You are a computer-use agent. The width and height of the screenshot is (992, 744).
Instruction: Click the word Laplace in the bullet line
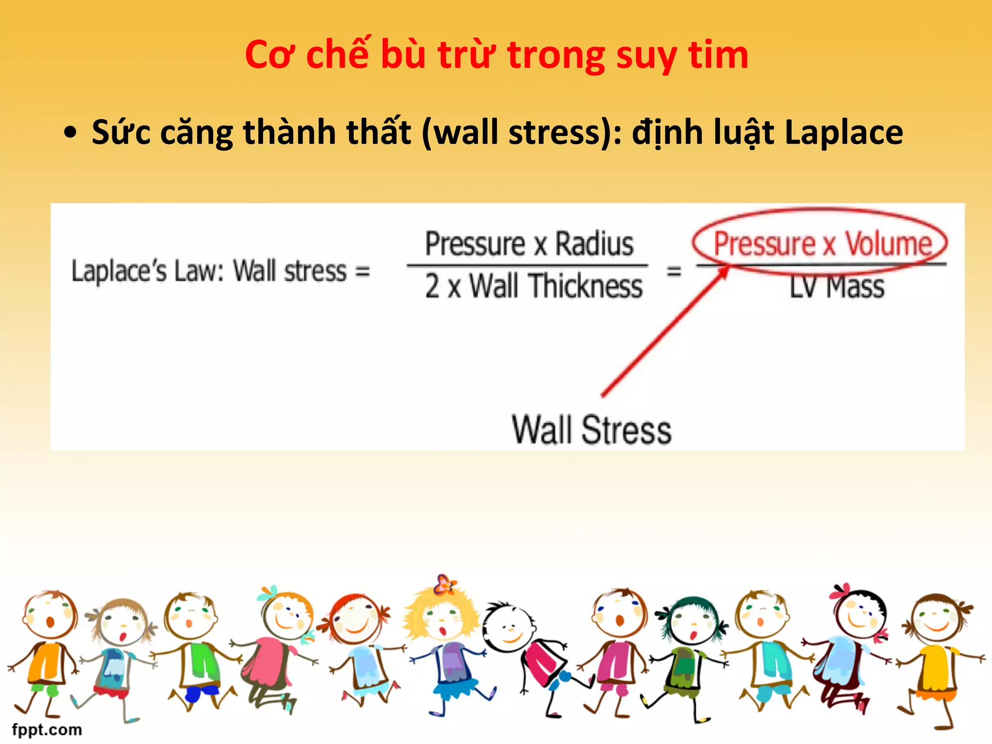pyautogui.click(x=843, y=133)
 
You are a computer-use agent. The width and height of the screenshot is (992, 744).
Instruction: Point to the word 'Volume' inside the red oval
pyautogui.click(x=888, y=244)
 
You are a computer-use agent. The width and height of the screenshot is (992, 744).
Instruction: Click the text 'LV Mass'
pyautogui.click(x=837, y=287)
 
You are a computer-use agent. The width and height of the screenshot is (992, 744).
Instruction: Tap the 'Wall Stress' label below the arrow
pyautogui.click(x=591, y=430)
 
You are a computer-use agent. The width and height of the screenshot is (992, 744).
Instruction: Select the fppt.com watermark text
pyautogui.click(x=47, y=729)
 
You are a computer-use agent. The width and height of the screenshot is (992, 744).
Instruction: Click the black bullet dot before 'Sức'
pyautogui.click(x=71, y=133)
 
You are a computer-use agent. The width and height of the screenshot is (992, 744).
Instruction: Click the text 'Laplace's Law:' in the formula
pyautogui.click(x=148, y=271)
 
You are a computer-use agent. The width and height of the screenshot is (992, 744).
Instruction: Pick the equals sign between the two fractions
pyautogui.click(x=674, y=271)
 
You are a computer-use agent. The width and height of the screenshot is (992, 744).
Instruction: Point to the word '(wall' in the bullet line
pyautogui.click(x=461, y=133)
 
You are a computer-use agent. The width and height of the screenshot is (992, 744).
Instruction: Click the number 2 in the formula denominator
pyautogui.click(x=433, y=286)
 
